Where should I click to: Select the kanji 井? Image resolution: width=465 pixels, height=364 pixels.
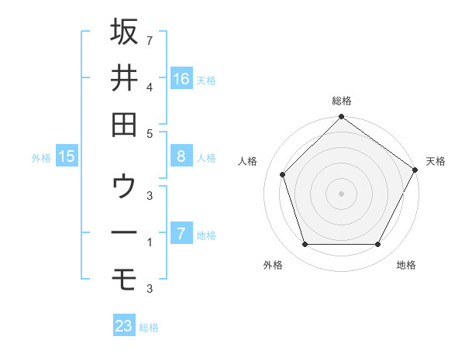coord(124,77)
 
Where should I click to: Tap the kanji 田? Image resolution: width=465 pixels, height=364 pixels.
coord(124,124)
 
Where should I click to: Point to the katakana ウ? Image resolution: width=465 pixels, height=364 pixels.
coord(124,187)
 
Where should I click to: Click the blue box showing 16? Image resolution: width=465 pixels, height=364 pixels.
coord(181,78)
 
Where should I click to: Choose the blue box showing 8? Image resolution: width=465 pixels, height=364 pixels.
coord(181,156)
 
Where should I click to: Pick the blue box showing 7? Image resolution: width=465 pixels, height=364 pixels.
coord(181,234)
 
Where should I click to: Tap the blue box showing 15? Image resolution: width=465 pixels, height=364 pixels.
coord(67,156)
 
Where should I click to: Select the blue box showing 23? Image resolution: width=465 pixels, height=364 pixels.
coord(124,326)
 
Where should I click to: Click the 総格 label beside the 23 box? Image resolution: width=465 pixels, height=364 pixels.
coord(149,328)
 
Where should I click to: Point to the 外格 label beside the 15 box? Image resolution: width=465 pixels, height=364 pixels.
coord(41,158)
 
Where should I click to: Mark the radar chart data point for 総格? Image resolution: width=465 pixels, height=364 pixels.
coord(341,118)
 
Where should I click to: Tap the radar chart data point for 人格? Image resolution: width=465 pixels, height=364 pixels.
coord(283,174)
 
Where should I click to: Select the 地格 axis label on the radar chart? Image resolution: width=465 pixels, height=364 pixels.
coord(406,266)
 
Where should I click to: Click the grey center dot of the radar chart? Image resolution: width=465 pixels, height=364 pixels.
coord(341,194)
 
